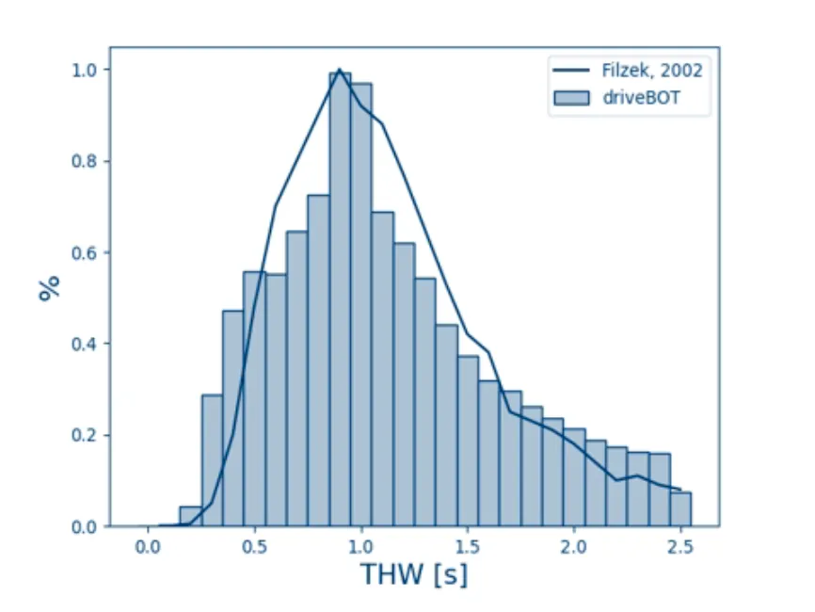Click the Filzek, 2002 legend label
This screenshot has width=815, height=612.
[x=652, y=71]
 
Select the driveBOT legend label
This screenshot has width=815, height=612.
[x=643, y=98]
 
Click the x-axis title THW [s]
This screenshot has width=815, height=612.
[x=414, y=572]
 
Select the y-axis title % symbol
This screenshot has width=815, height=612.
[x=50, y=288]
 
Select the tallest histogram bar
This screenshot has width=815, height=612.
[x=340, y=301]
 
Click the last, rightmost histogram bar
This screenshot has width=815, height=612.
[x=681, y=509]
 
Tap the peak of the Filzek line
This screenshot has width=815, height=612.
[x=340, y=69]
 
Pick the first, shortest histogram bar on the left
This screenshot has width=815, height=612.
[x=190, y=517]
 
